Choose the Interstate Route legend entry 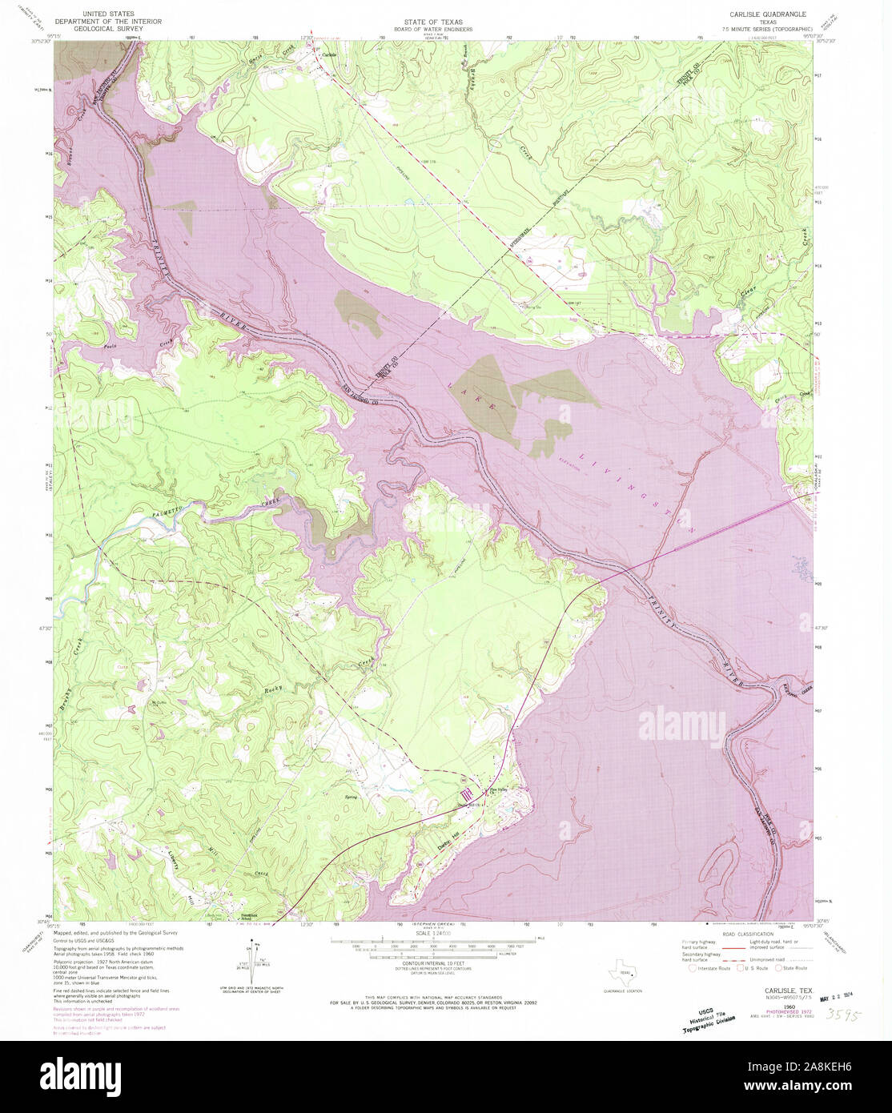pos(709,968)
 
